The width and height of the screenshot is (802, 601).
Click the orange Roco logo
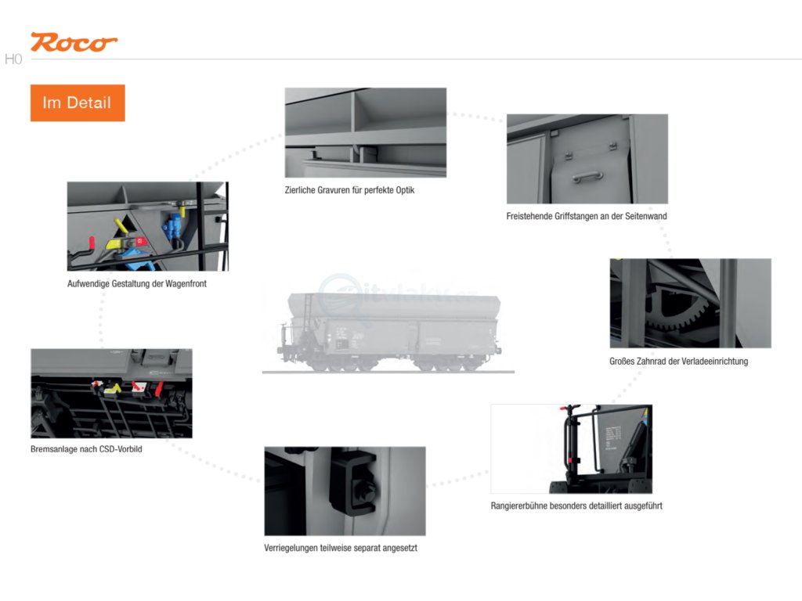74,42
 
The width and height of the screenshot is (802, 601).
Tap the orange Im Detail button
78,103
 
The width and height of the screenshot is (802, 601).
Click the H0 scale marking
13,59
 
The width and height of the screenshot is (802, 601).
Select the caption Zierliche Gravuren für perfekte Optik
349,190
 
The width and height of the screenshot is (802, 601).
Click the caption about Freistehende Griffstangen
587,216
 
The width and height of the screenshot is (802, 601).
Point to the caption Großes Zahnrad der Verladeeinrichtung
678,361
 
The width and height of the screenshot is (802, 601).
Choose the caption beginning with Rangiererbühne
576,506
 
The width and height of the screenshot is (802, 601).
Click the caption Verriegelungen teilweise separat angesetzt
341,548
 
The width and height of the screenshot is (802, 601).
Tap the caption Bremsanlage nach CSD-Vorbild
86,449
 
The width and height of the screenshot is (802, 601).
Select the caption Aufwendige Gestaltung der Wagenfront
137,283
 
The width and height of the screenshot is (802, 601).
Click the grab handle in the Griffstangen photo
587,177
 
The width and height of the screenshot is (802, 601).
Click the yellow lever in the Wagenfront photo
123,228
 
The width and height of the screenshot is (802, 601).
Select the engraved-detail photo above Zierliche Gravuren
365,132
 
